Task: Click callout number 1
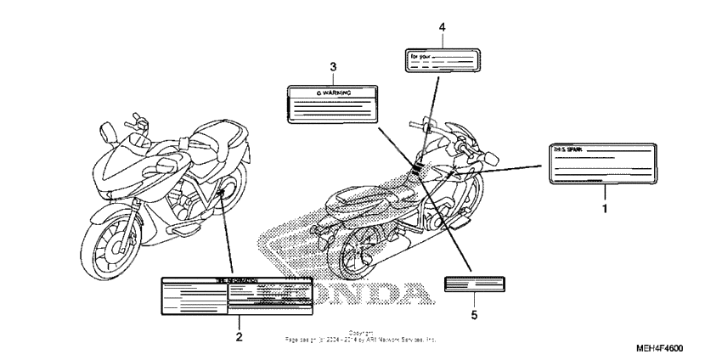(605, 207)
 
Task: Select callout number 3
(333, 66)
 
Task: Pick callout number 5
(474, 315)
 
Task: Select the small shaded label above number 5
(474, 284)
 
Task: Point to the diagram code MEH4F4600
(672, 349)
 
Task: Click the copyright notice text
(361, 336)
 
